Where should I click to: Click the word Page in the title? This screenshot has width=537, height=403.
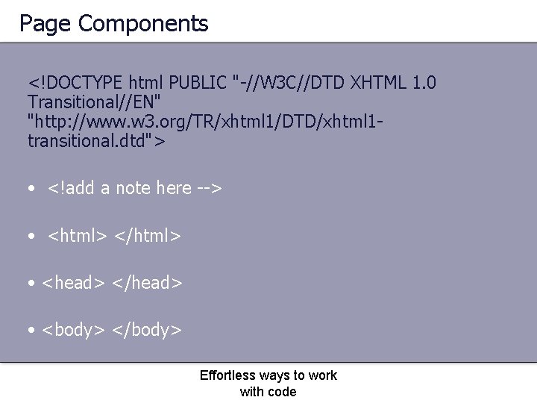point(45,25)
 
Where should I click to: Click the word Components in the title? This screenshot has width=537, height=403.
point(143,25)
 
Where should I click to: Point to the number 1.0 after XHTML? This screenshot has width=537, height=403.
point(423,81)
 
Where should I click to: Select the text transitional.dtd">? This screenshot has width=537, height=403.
point(96,141)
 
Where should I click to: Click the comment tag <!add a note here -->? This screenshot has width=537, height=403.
point(135,188)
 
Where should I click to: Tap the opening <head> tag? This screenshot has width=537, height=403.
point(73,283)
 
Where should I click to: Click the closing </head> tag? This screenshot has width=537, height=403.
point(147,283)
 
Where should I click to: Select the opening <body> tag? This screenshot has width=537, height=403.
point(73,330)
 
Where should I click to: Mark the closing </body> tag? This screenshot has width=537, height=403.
point(147,330)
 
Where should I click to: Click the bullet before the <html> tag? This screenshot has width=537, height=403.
point(32,237)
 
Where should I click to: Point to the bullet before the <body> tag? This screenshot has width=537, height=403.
point(32,331)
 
